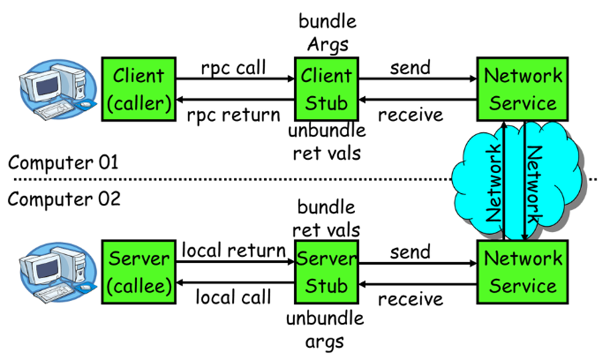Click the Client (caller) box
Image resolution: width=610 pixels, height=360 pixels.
(139, 89)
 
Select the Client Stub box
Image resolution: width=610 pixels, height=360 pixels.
(326, 89)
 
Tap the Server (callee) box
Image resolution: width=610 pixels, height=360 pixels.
(139, 272)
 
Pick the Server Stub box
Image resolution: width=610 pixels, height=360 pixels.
(326, 272)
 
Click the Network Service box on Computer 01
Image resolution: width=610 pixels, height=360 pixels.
(522, 89)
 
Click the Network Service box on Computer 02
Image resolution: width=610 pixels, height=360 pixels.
(522, 272)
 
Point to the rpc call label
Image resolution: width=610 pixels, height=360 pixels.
(233, 68)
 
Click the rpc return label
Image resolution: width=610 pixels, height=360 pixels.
(233, 115)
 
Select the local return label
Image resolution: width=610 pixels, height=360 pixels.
(233, 250)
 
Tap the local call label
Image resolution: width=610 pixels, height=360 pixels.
(233, 297)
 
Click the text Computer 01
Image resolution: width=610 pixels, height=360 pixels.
(63, 162)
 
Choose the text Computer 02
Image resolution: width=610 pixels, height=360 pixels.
(64, 199)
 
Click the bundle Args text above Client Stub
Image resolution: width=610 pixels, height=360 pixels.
(327, 33)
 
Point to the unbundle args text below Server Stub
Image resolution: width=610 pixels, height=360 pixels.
(325, 330)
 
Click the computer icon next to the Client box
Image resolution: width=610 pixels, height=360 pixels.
(58, 89)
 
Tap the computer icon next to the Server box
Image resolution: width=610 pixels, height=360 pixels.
(58, 272)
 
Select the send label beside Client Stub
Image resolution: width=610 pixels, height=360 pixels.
(410, 68)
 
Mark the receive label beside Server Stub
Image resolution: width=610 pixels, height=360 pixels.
(410, 299)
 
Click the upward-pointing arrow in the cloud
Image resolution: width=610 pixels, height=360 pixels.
(504, 181)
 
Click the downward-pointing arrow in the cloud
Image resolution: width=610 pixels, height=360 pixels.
(525, 181)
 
